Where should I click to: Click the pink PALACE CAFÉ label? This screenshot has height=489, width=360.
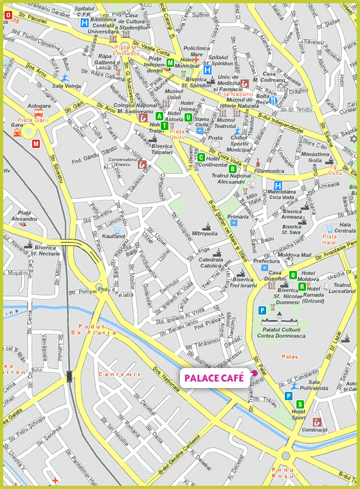214,378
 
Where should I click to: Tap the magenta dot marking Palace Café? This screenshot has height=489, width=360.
255,373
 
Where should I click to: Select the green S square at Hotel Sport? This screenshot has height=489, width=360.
300,404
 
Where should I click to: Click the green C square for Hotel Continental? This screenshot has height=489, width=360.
201,157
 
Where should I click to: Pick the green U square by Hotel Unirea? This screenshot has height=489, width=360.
188,117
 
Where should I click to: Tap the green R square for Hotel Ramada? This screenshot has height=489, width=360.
302,286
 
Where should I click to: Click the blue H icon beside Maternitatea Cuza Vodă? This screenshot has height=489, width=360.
278,186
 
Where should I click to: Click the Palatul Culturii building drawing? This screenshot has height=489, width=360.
280,318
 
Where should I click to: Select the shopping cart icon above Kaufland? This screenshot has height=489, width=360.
117,229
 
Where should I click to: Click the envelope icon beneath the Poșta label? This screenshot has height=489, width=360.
199,131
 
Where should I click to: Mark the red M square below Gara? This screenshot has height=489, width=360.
36,143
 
